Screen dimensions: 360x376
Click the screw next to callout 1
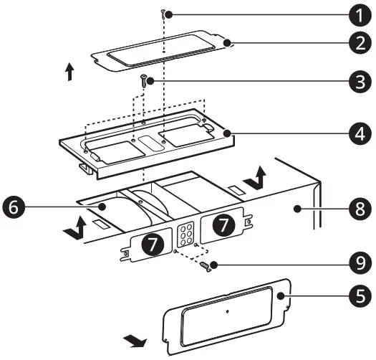(x=164, y=13)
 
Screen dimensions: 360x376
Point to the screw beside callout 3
(x=144, y=80)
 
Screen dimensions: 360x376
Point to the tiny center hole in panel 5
(x=227, y=311)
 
